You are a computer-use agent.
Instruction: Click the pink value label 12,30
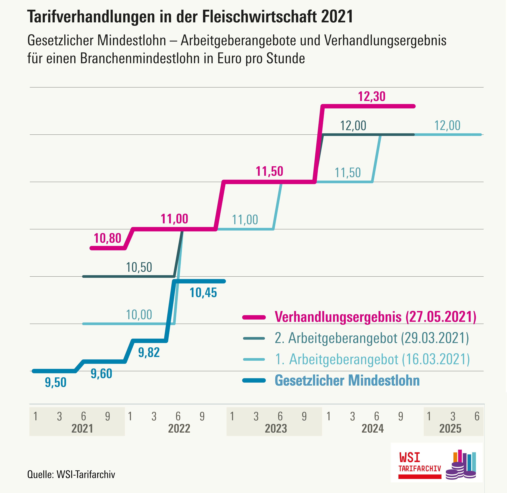[371, 97]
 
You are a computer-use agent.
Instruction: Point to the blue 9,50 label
[56, 382]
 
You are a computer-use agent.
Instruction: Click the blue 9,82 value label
[149, 353]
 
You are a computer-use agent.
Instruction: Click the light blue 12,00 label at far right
[447, 126]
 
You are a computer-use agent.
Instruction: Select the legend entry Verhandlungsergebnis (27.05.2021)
[375, 317]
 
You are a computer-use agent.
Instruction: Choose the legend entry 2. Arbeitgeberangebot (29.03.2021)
[372, 338]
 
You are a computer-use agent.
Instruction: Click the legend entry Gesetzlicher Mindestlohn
[347, 380]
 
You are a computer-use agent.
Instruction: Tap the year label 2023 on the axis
[276, 429]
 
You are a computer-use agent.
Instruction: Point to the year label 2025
[450, 429]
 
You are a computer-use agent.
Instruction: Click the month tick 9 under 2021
[107, 416]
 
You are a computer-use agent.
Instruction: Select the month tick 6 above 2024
[377, 416]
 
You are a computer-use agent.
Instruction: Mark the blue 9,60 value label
[101, 374]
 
